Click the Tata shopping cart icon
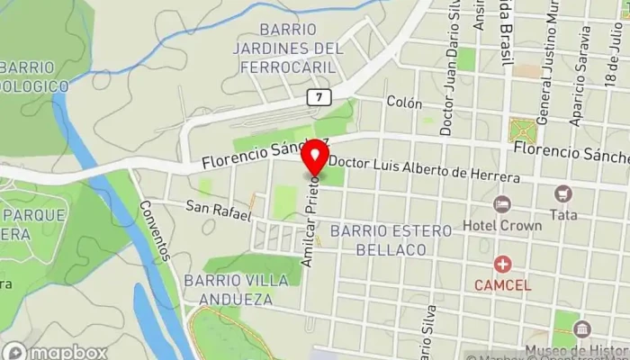point(563,193)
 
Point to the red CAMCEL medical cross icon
point(502,265)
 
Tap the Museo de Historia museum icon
point(581,328)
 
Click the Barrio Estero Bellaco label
point(391,239)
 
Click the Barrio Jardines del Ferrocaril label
point(288,49)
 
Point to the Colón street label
point(404,103)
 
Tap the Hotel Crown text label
point(502,226)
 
